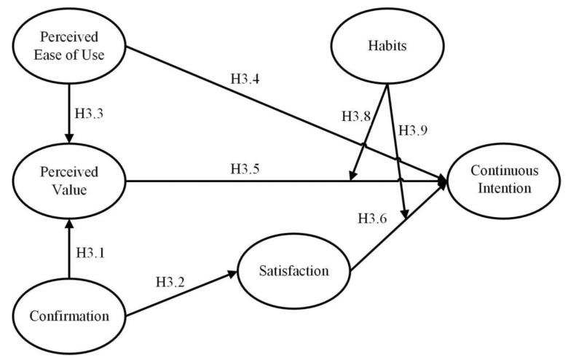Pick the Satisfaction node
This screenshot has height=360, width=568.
pos(294,272)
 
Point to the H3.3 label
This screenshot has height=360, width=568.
pos(93,114)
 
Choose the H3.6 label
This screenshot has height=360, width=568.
pos(374,218)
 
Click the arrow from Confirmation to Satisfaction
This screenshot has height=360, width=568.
pos(182,294)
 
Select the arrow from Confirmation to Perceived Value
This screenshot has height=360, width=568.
pos(68,248)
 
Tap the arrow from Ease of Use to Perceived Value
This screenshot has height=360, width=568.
pos(68,109)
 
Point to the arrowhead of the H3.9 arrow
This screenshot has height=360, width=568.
pos(403,214)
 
